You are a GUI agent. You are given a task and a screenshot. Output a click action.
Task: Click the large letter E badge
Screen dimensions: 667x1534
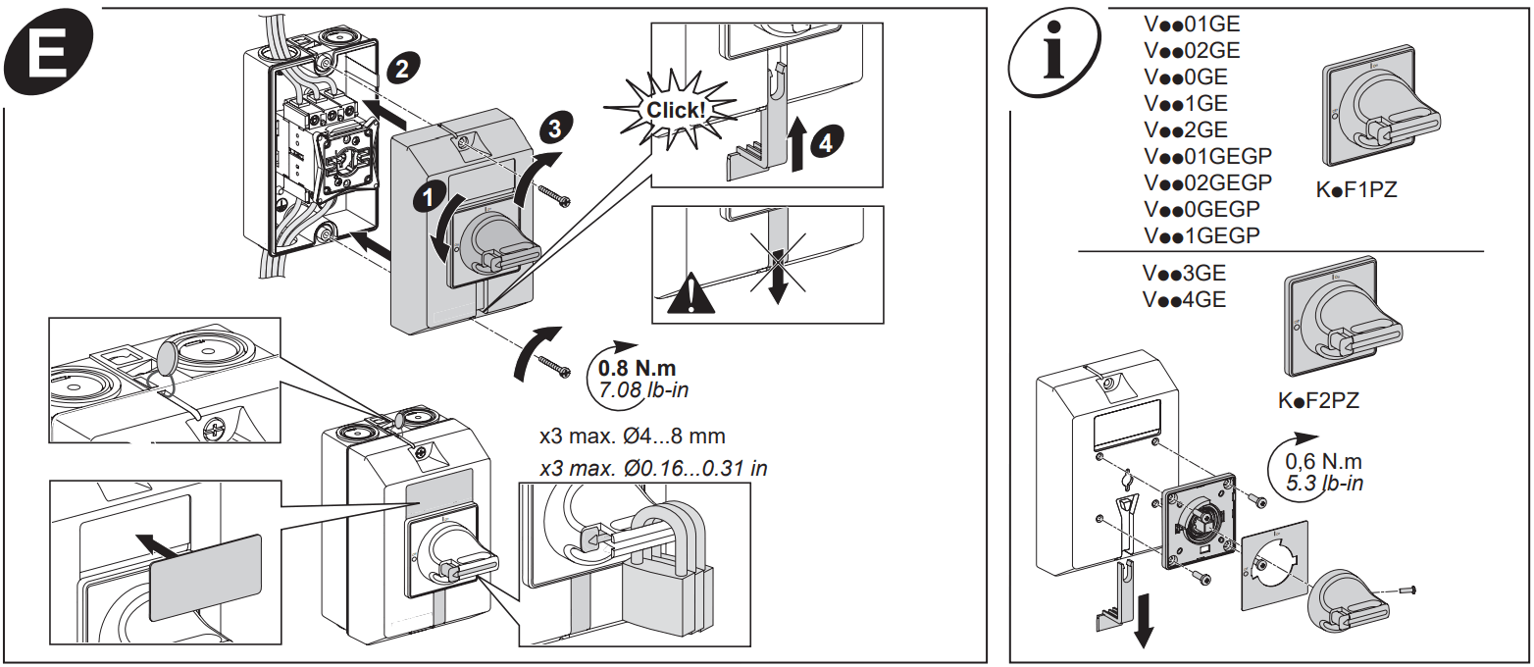tap(46, 59)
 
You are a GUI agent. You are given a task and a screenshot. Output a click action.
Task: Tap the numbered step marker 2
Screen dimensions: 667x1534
tap(400, 68)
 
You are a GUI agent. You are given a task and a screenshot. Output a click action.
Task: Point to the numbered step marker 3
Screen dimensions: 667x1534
tap(554, 128)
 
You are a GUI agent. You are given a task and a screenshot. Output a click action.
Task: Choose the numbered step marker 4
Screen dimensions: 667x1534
tap(826, 143)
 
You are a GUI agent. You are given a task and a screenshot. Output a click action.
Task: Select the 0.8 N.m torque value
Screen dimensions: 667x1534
tap(639, 370)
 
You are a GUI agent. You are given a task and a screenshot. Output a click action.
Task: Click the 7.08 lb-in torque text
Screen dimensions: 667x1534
tap(639, 390)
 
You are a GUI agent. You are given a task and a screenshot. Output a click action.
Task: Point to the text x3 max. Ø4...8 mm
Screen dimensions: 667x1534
tap(633, 436)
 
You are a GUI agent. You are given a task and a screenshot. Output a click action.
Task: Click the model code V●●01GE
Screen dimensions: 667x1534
tap(1192, 25)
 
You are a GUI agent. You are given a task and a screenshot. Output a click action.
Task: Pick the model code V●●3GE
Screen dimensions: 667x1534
tap(1184, 274)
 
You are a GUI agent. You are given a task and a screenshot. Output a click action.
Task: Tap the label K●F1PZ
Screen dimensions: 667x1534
tap(1356, 190)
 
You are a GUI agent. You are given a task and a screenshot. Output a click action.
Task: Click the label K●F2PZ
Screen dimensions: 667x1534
tap(1319, 400)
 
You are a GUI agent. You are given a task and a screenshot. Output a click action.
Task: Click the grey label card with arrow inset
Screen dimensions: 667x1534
tap(205, 578)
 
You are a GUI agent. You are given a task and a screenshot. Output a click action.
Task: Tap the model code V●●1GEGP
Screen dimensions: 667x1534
tap(1202, 235)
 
